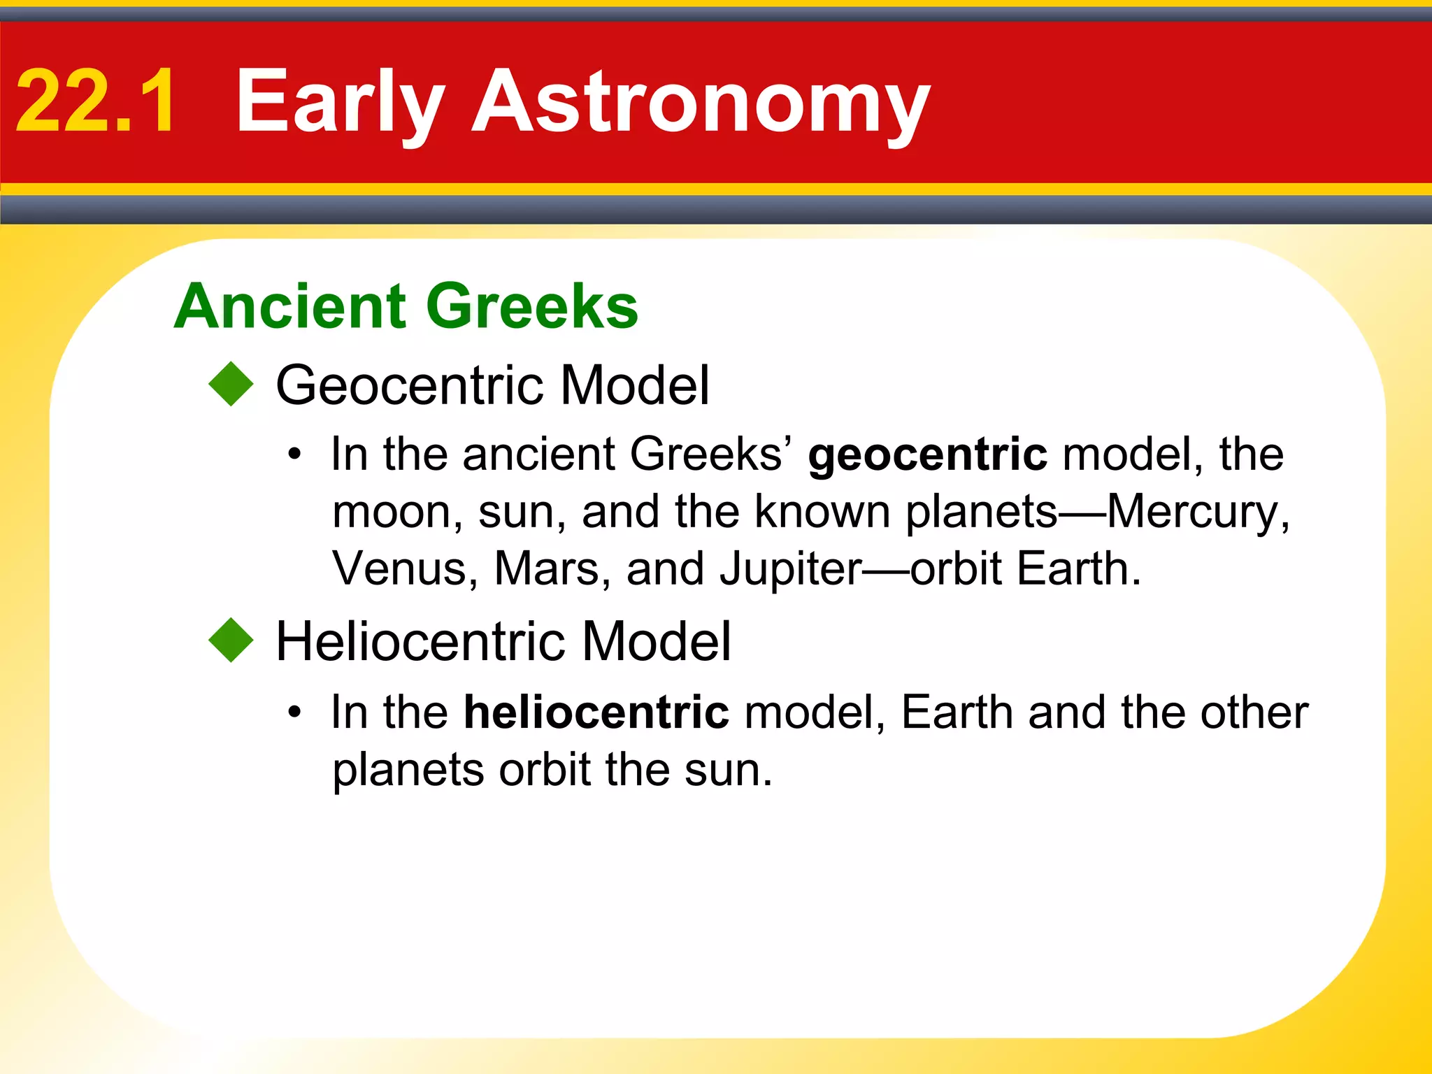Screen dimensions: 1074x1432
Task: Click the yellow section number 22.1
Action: pos(96,101)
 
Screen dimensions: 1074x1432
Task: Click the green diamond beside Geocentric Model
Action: pos(231,384)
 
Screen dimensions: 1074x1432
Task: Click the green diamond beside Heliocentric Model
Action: pos(231,640)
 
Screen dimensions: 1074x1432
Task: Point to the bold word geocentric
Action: pos(928,454)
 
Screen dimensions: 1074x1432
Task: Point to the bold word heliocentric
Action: pos(596,713)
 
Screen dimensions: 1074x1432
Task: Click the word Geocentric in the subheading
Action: pos(409,385)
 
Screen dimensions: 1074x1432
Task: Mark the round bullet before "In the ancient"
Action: pos(295,455)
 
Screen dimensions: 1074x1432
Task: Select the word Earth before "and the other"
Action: pos(957,713)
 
